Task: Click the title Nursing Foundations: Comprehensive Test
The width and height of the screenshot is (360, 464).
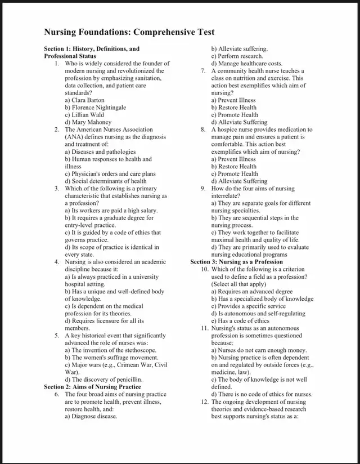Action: (129, 32)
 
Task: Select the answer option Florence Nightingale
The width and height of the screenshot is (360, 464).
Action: (95, 108)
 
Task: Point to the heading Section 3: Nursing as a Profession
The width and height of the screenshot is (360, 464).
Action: (236, 262)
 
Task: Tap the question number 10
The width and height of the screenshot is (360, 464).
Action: (205, 269)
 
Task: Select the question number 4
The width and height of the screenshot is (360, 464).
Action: (57, 262)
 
